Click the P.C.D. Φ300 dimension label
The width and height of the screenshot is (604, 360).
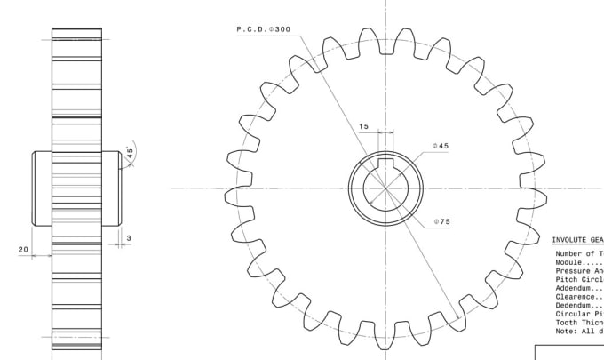click(x=263, y=29)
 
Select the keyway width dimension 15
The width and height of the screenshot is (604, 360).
click(x=363, y=127)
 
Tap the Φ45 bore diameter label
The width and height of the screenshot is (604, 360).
click(x=441, y=146)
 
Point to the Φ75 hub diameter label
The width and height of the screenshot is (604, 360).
click(x=441, y=221)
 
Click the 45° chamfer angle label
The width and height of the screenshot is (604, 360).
click(x=130, y=153)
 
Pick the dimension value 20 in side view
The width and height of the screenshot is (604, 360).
click(x=23, y=250)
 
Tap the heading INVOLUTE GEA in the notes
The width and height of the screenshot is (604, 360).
click(x=577, y=240)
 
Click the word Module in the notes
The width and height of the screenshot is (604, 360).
click(x=569, y=262)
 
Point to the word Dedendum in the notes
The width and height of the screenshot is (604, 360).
click(x=573, y=305)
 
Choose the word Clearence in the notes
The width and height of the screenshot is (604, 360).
click(x=575, y=297)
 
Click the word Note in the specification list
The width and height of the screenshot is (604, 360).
click(x=565, y=331)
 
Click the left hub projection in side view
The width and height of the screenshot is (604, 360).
click(x=42, y=188)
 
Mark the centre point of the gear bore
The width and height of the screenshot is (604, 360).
click(x=385, y=188)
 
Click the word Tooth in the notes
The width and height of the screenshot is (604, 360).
click(x=567, y=323)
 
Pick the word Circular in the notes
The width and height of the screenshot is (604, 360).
click(x=573, y=314)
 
